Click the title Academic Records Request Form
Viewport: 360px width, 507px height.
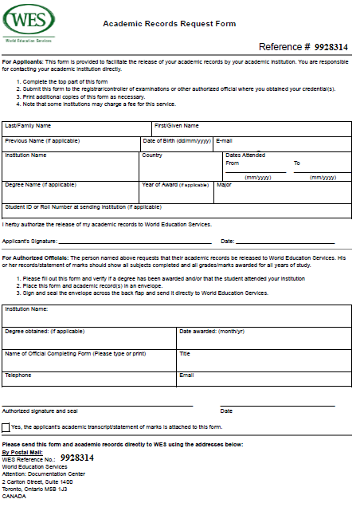click(169, 24)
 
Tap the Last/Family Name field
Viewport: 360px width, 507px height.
click(76, 132)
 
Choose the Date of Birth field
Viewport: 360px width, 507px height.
click(176, 146)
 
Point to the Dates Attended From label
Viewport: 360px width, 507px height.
click(233, 163)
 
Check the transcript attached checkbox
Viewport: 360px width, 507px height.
click(6, 427)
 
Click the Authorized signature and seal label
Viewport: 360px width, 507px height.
click(39, 411)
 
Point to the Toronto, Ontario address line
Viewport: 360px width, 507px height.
click(35, 489)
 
